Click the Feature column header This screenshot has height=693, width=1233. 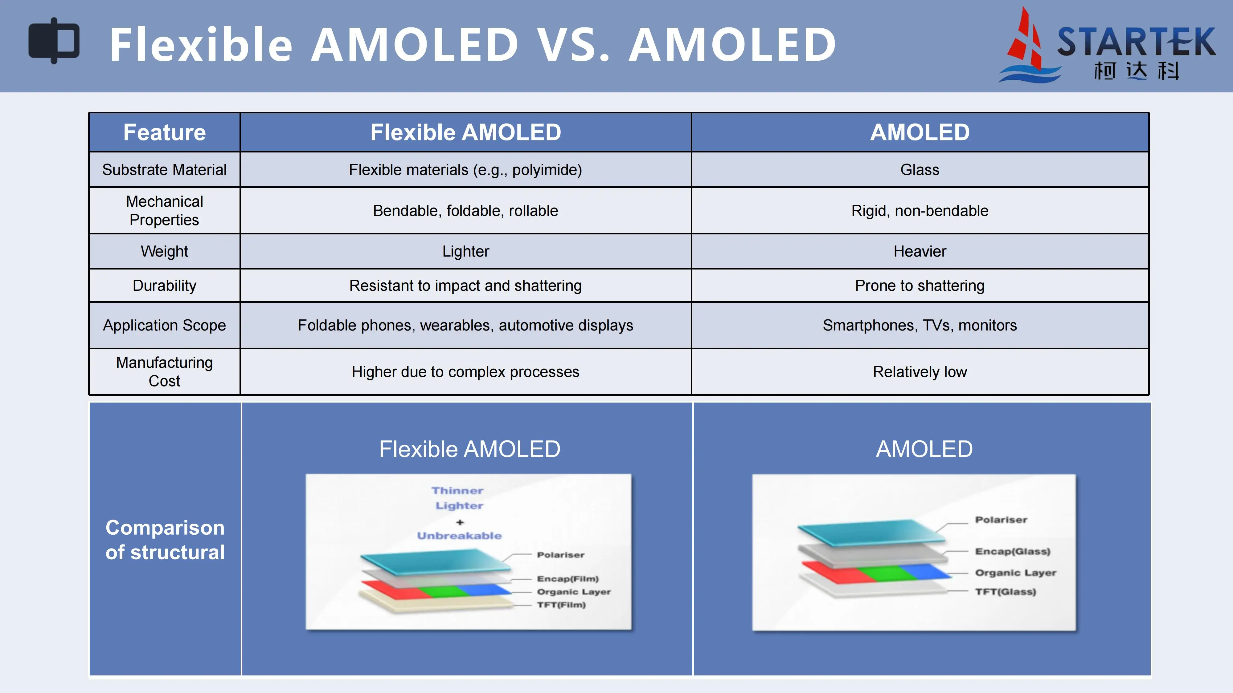point(164,132)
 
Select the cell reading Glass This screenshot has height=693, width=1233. point(920,170)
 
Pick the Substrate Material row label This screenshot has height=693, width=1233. point(164,170)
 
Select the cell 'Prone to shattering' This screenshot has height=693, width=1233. point(920,286)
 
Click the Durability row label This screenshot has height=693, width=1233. point(164,286)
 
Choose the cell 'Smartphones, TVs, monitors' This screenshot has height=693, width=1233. point(920,325)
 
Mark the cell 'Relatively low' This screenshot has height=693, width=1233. point(920,372)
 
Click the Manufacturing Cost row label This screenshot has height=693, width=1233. point(164,372)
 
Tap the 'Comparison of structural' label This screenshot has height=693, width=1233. point(165,540)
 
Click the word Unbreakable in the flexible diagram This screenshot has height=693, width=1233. point(459,536)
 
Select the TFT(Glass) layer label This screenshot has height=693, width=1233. point(1006,592)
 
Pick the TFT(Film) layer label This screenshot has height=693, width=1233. point(561,605)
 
